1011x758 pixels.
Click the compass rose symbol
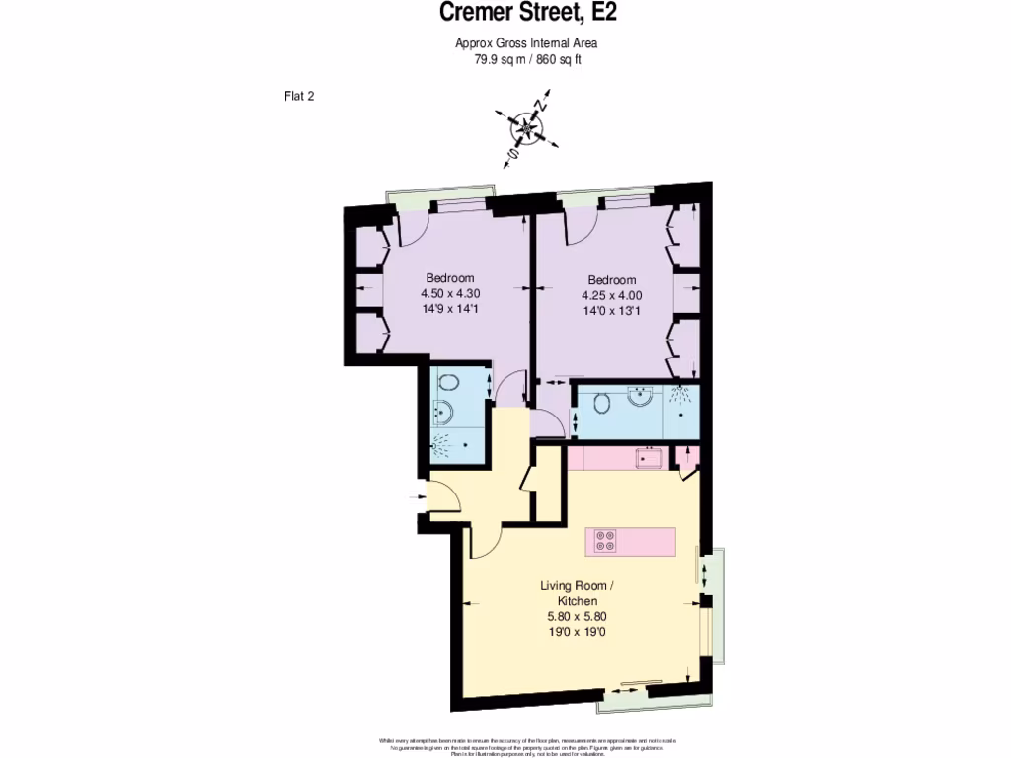[526, 128]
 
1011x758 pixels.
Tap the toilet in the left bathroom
[446, 383]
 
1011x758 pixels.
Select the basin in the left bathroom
[442, 413]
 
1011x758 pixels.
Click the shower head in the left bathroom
[441, 446]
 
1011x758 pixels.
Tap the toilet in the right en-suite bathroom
[602, 401]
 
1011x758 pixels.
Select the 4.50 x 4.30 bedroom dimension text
[450, 293]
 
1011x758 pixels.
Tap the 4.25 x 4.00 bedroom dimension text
[612, 295]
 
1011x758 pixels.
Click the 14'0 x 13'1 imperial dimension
[612, 310]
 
